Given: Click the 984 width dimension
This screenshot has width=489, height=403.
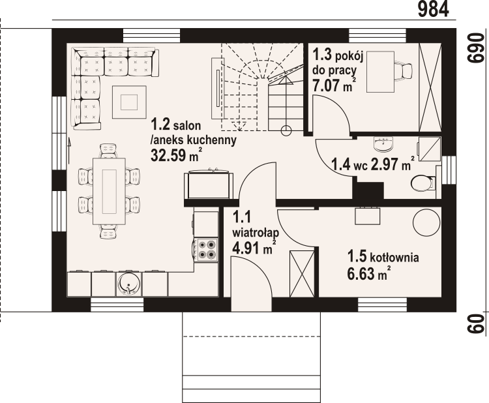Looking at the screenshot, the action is [433, 9].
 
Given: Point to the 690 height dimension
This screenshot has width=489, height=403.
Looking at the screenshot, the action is [475, 48].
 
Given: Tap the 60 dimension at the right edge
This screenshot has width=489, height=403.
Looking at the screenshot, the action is [476, 323].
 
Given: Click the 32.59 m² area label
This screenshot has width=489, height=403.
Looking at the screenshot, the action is [175, 155].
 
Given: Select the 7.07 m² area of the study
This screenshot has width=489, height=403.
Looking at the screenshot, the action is [333, 85].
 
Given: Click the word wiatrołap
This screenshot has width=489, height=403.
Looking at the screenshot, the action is [256, 233].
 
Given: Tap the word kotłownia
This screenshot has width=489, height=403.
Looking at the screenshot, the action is [394, 258].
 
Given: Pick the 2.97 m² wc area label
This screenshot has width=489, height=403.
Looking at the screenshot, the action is [393, 164].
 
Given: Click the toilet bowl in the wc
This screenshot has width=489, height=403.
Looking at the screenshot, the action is [423, 183].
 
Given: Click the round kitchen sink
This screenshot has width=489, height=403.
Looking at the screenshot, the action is [129, 284].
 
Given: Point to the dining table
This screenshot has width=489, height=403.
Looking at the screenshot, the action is [109, 191].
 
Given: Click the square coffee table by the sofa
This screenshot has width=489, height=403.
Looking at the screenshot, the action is [129, 102].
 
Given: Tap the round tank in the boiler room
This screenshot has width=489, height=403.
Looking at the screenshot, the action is [426, 222].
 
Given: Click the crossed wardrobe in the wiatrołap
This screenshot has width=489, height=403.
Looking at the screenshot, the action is [302, 274].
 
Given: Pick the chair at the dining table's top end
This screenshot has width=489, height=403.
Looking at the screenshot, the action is [108, 151].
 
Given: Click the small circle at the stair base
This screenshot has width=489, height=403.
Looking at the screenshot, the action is [286, 130].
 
